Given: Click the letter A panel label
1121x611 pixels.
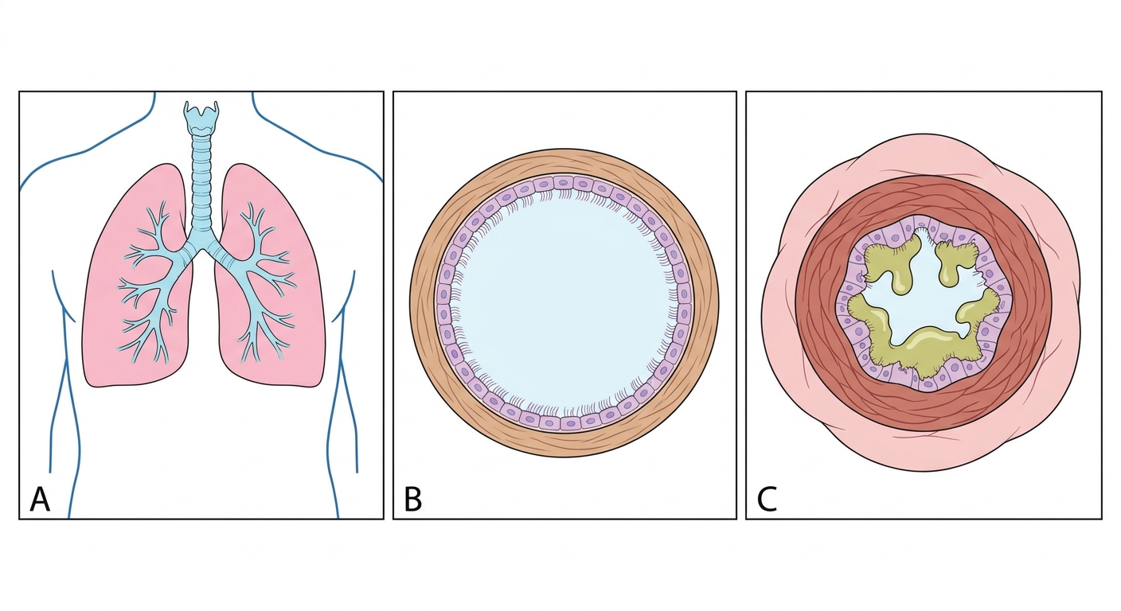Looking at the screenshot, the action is (x=40, y=499).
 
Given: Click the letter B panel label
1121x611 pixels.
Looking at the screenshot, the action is (x=413, y=499).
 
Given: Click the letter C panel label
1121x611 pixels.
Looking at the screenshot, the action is (x=767, y=499).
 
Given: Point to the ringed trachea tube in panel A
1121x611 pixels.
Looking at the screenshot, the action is (x=201, y=185).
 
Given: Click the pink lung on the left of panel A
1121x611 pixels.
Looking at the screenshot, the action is (x=138, y=280).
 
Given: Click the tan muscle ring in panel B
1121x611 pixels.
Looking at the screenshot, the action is (x=564, y=161).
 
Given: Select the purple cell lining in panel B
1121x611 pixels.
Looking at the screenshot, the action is (x=564, y=183).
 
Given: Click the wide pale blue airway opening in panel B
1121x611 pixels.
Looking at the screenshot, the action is (x=564, y=303).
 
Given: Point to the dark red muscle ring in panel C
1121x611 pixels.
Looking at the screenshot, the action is (x=924, y=196).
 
